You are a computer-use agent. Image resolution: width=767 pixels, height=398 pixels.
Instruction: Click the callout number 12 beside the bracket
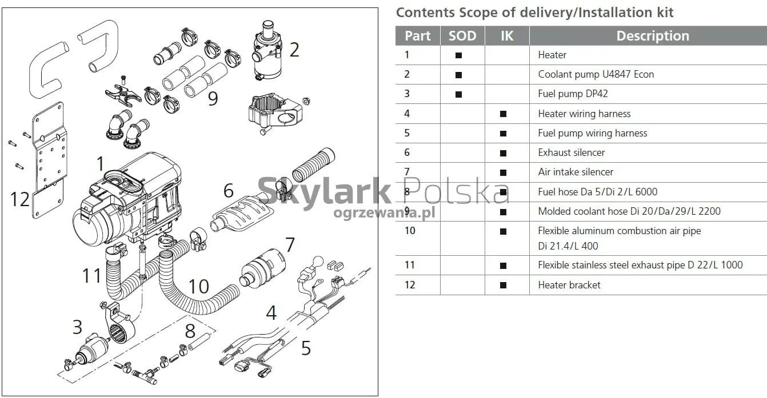click(20, 199)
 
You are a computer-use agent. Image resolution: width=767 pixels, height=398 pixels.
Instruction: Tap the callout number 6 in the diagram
click(229, 190)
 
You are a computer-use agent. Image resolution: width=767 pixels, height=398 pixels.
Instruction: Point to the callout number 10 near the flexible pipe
click(198, 286)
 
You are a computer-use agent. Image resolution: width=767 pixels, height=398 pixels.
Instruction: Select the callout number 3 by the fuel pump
click(77, 327)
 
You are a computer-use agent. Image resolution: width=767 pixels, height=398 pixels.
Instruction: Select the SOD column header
click(462, 36)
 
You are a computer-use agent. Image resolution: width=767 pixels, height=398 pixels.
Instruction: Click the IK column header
click(507, 36)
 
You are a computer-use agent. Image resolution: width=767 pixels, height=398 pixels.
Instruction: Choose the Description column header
click(653, 36)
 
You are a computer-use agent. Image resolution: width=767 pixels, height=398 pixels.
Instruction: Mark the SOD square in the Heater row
click(458, 55)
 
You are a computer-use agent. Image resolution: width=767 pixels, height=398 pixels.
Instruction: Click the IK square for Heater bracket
click(503, 285)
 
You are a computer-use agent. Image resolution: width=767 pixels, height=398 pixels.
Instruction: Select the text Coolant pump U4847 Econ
click(596, 74)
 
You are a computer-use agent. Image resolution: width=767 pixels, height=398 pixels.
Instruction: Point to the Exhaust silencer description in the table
click(571, 152)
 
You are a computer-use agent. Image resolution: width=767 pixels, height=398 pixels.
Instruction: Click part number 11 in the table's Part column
click(409, 265)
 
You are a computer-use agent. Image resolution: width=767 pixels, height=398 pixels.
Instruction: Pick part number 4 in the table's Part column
click(407, 114)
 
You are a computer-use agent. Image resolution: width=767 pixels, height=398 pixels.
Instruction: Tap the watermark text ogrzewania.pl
click(384, 212)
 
